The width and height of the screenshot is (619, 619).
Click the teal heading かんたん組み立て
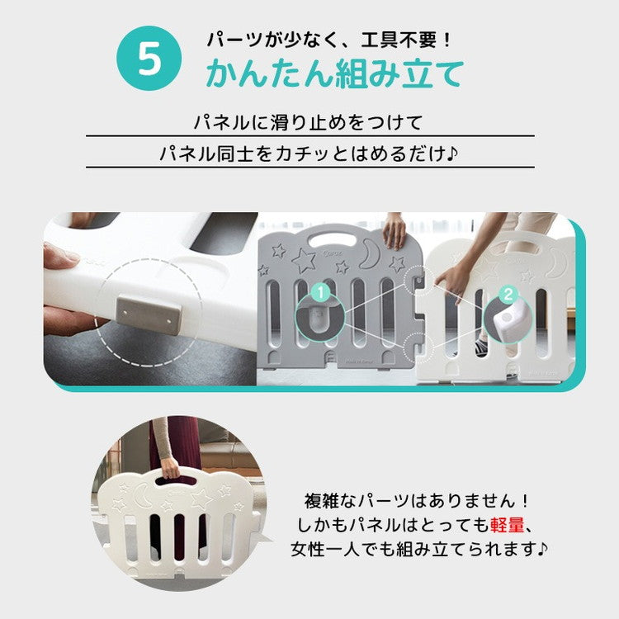(x=334, y=75)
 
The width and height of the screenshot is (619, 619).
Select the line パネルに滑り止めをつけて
(x=309, y=124)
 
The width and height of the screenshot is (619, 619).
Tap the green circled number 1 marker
(x=321, y=293)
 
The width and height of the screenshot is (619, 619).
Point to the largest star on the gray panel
(x=304, y=259)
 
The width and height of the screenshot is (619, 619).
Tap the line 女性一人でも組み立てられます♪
(x=421, y=548)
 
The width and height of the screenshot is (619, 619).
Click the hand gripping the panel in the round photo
(x=170, y=469)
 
